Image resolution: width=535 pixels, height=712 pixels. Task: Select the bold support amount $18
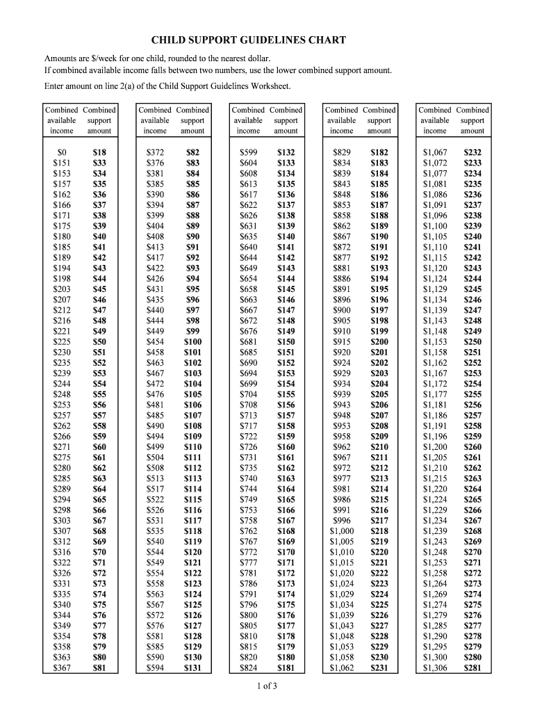point(99,152)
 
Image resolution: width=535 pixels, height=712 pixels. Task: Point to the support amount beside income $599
point(286,152)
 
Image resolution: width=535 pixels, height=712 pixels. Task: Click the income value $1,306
point(435,668)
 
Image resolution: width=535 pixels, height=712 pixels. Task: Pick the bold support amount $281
point(472,668)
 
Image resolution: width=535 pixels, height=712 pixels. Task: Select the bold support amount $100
point(192,342)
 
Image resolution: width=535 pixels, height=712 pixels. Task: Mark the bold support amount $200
point(379,342)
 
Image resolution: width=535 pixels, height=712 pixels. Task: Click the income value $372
point(155,152)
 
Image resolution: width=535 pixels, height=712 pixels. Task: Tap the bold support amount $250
point(472,342)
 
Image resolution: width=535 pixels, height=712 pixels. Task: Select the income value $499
point(155,446)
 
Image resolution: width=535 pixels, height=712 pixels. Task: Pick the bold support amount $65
point(99,499)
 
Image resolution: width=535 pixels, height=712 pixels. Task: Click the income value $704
point(248,394)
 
